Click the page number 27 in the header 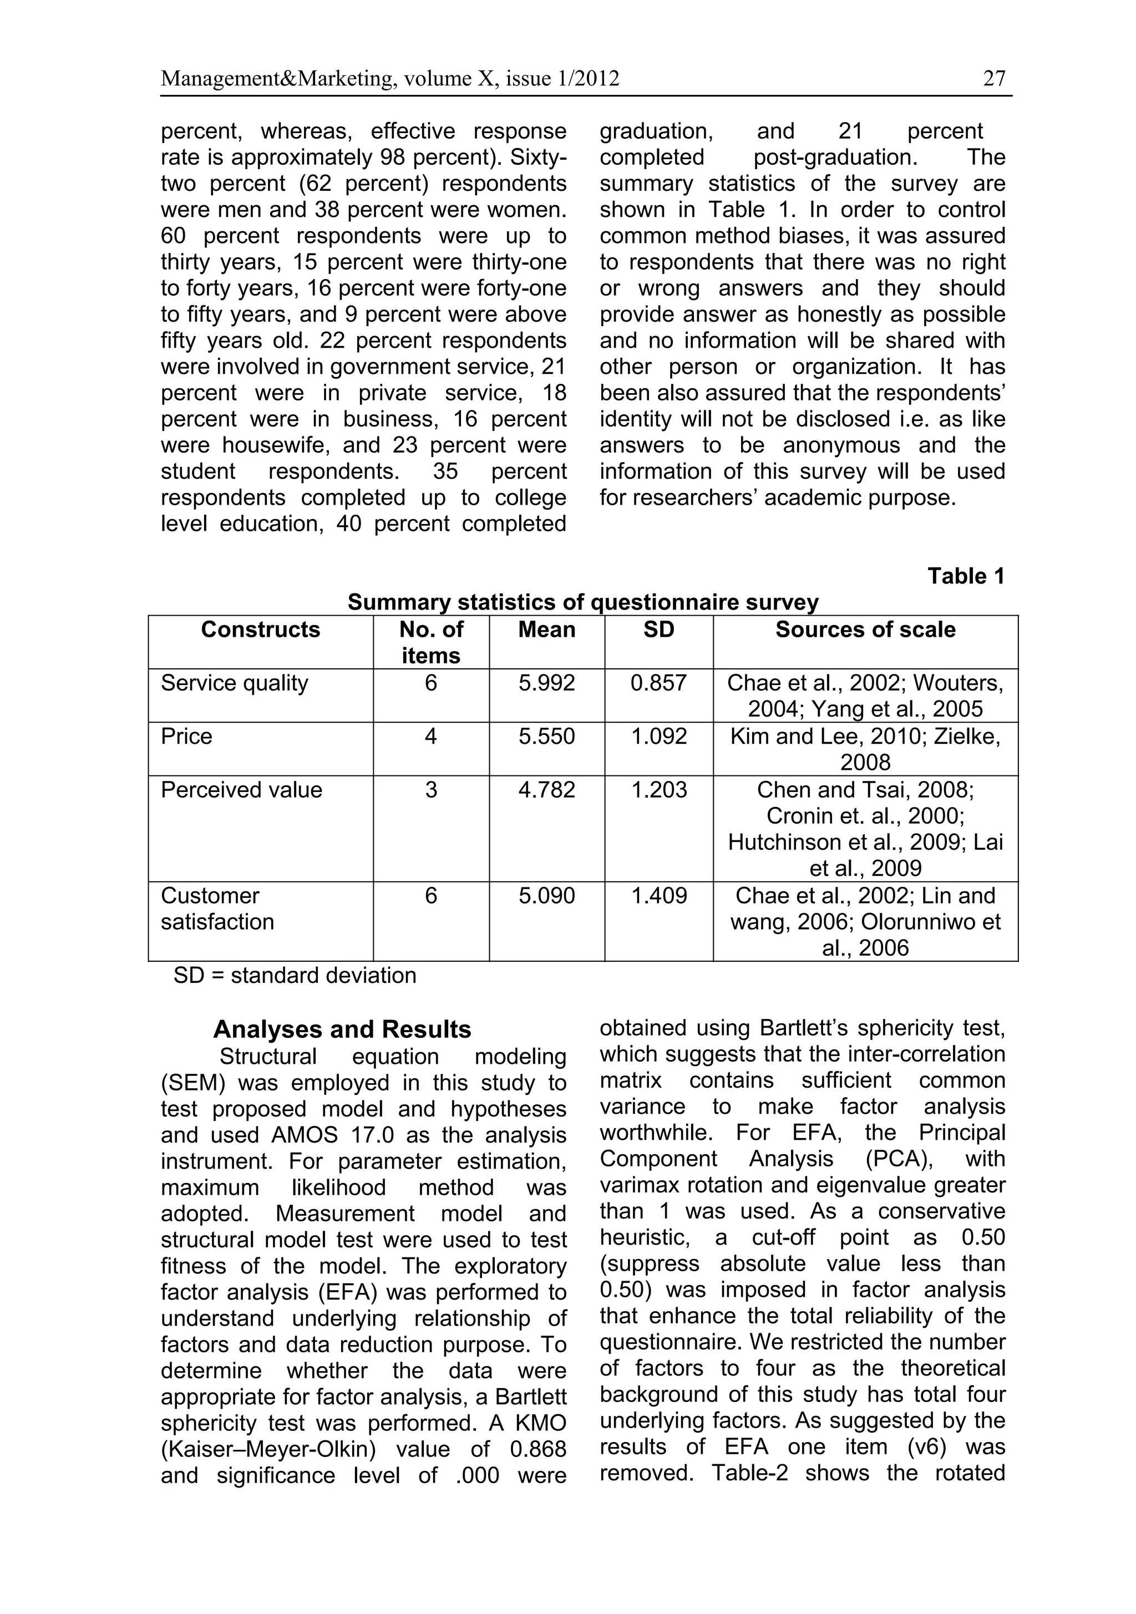994,78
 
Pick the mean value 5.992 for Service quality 546,683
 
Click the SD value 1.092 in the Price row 658,736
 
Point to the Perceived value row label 241,789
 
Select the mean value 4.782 546,789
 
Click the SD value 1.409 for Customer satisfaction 658,896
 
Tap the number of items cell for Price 430,736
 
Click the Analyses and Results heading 342,1029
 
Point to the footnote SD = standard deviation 295,975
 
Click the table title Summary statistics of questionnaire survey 583,602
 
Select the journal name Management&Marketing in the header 271,78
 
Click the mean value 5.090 546,896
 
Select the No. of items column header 430,642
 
